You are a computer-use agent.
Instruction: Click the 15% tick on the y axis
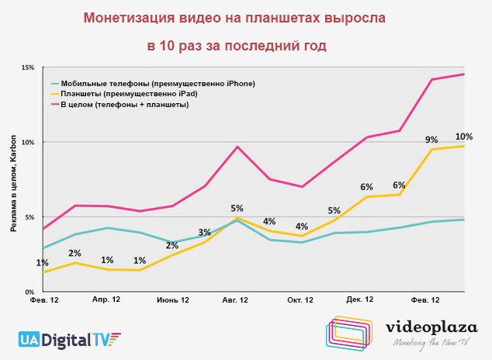point(27,67)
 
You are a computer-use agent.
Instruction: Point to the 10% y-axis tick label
point(27,142)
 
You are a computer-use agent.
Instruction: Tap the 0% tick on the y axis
point(29,292)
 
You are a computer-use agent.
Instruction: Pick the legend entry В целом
point(124,105)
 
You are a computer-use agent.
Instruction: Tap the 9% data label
point(431,140)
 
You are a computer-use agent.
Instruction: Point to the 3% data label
point(205,232)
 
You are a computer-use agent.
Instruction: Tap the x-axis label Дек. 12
point(360,299)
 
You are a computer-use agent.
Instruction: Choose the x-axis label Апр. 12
point(106,299)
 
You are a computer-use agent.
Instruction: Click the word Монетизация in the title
point(127,16)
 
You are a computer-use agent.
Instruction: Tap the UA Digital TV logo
point(71,339)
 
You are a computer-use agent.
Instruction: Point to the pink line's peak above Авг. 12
point(237,147)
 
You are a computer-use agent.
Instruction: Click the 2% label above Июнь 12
point(172,246)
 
